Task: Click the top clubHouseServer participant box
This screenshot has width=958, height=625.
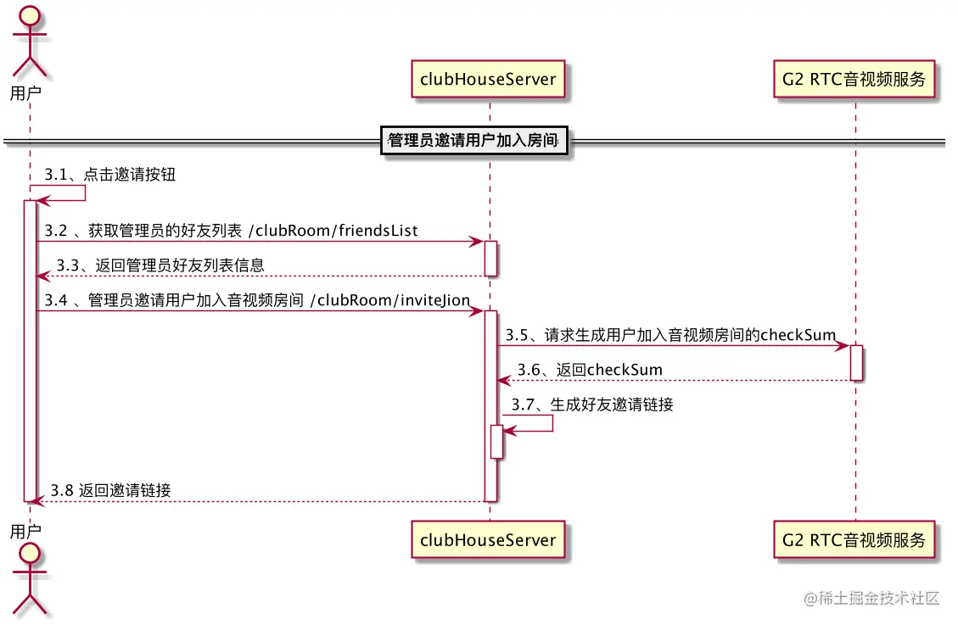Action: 489,80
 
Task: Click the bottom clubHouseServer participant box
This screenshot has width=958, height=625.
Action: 489,539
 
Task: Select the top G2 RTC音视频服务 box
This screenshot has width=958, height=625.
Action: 854,80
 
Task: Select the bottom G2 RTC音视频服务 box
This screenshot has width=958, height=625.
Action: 854,539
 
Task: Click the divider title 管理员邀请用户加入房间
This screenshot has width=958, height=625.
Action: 473,140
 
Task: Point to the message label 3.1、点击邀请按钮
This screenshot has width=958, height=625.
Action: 110,176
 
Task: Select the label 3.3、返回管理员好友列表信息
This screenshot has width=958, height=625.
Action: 160,265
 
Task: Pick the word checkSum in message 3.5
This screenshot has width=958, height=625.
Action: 798,335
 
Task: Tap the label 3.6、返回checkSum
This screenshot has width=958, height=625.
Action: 591,370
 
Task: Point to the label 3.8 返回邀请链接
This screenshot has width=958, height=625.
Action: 110,490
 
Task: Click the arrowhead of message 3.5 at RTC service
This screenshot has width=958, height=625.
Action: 843,345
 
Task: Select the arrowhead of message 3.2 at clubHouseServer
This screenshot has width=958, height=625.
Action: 478,242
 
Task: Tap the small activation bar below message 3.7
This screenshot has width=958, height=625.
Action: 497,441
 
